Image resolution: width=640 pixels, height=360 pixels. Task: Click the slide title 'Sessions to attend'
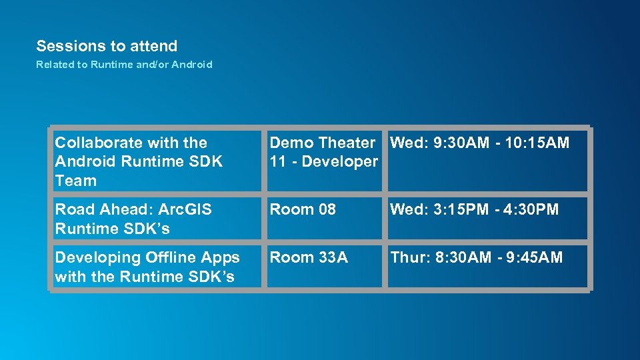107,46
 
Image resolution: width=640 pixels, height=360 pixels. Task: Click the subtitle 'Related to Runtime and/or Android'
124,65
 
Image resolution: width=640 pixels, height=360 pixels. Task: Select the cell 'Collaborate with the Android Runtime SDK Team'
156,161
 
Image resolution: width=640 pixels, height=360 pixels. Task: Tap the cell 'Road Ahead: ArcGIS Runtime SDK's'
156,219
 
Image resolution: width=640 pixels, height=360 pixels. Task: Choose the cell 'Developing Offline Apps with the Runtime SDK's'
156,267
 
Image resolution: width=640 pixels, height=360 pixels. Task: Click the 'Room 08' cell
324,219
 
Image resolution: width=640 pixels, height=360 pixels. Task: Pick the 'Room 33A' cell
324,267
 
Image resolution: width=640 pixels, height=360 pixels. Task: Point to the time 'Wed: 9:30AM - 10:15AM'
479,143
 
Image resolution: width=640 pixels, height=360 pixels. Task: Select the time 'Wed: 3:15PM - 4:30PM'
474,209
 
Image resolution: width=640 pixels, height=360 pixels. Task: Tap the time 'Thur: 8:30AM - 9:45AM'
476,257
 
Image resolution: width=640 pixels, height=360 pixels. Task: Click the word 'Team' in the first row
75,181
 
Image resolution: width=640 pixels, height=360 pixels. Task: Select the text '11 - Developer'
323,161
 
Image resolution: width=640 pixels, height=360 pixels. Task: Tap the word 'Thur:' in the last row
407,257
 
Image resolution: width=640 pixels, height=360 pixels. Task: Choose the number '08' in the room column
327,209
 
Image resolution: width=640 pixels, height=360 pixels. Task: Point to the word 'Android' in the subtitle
192,65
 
